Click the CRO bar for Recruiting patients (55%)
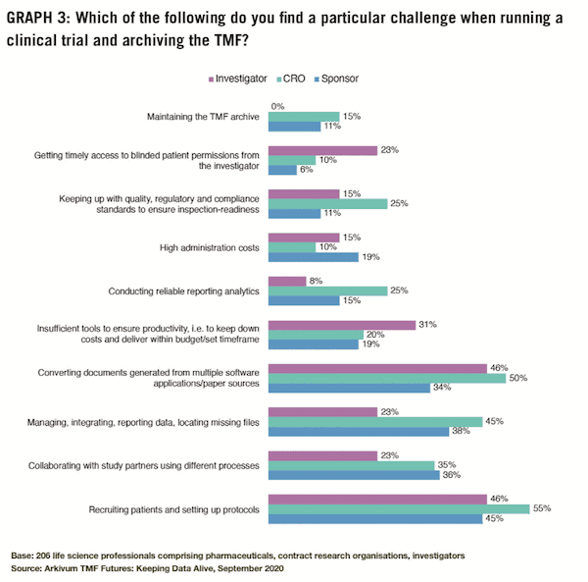pyautogui.click(x=399, y=508)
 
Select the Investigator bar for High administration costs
pyautogui.click(x=303, y=237)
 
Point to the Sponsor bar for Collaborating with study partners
pyautogui.click(x=354, y=475)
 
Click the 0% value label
pyautogui.click(x=277, y=106)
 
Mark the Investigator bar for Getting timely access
pyautogui.click(x=322, y=150)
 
